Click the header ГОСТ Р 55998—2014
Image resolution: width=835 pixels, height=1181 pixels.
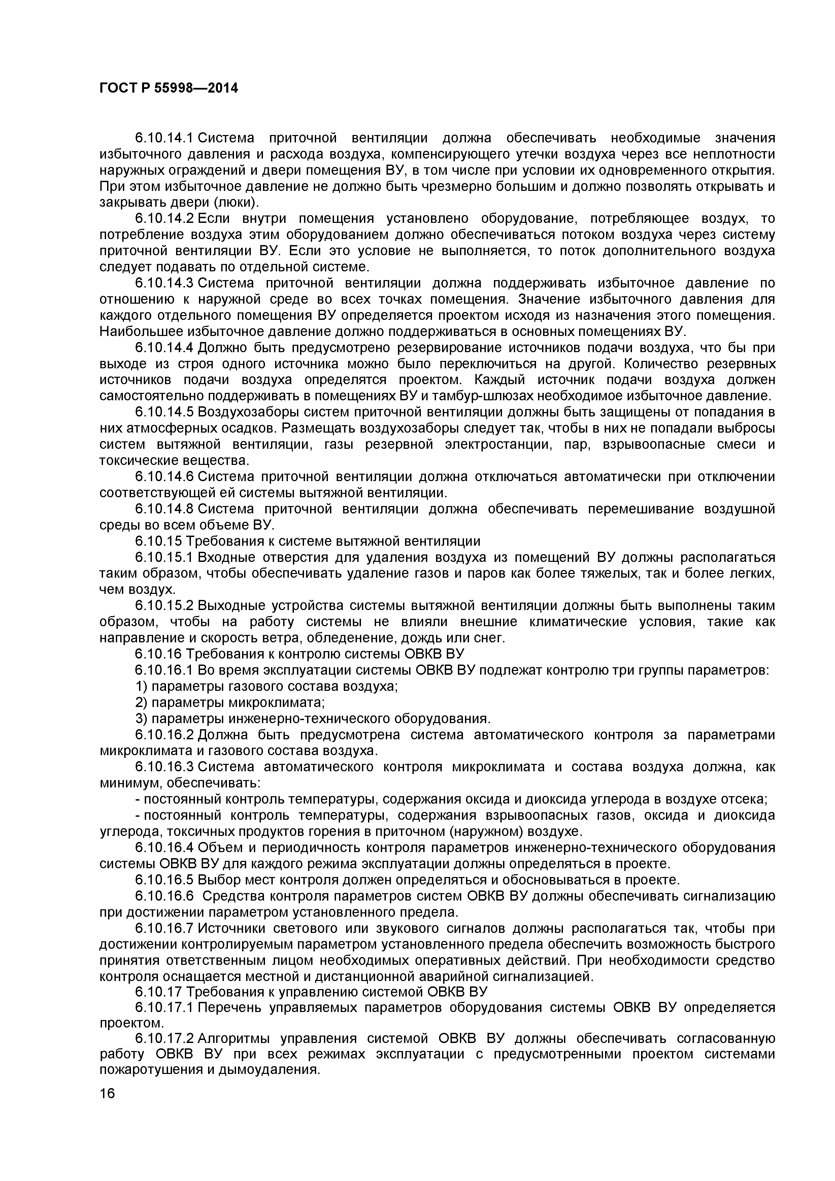click(169, 89)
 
